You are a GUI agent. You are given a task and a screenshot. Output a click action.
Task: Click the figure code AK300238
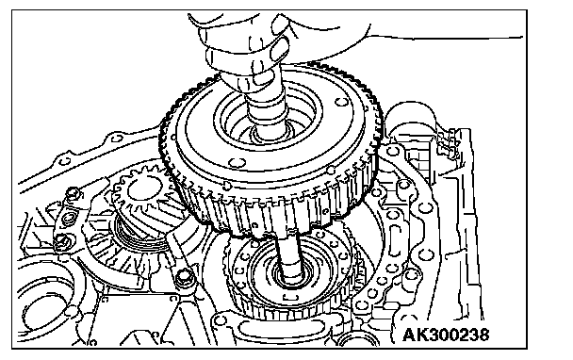pyautogui.click(x=446, y=335)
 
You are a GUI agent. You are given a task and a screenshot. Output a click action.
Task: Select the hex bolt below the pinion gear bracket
pyautogui.click(x=184, y=277)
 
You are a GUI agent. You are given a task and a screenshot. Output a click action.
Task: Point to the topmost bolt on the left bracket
pyautogui.click(x=74, y=193)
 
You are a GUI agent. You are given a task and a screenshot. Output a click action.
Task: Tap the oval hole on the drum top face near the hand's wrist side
pyautogui.click(x=341, y=103)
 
